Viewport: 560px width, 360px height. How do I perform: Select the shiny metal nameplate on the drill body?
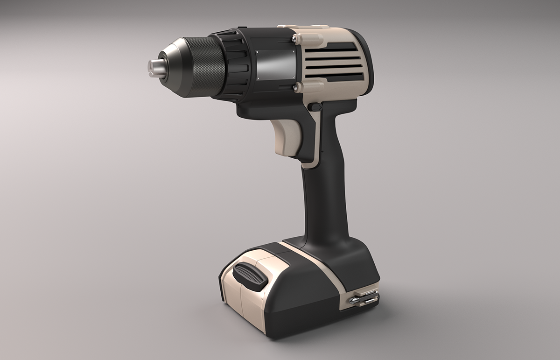[276, 65]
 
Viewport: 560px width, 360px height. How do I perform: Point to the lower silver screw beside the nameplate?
[295, 87]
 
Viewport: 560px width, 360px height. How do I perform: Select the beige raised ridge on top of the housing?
[301, 28]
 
